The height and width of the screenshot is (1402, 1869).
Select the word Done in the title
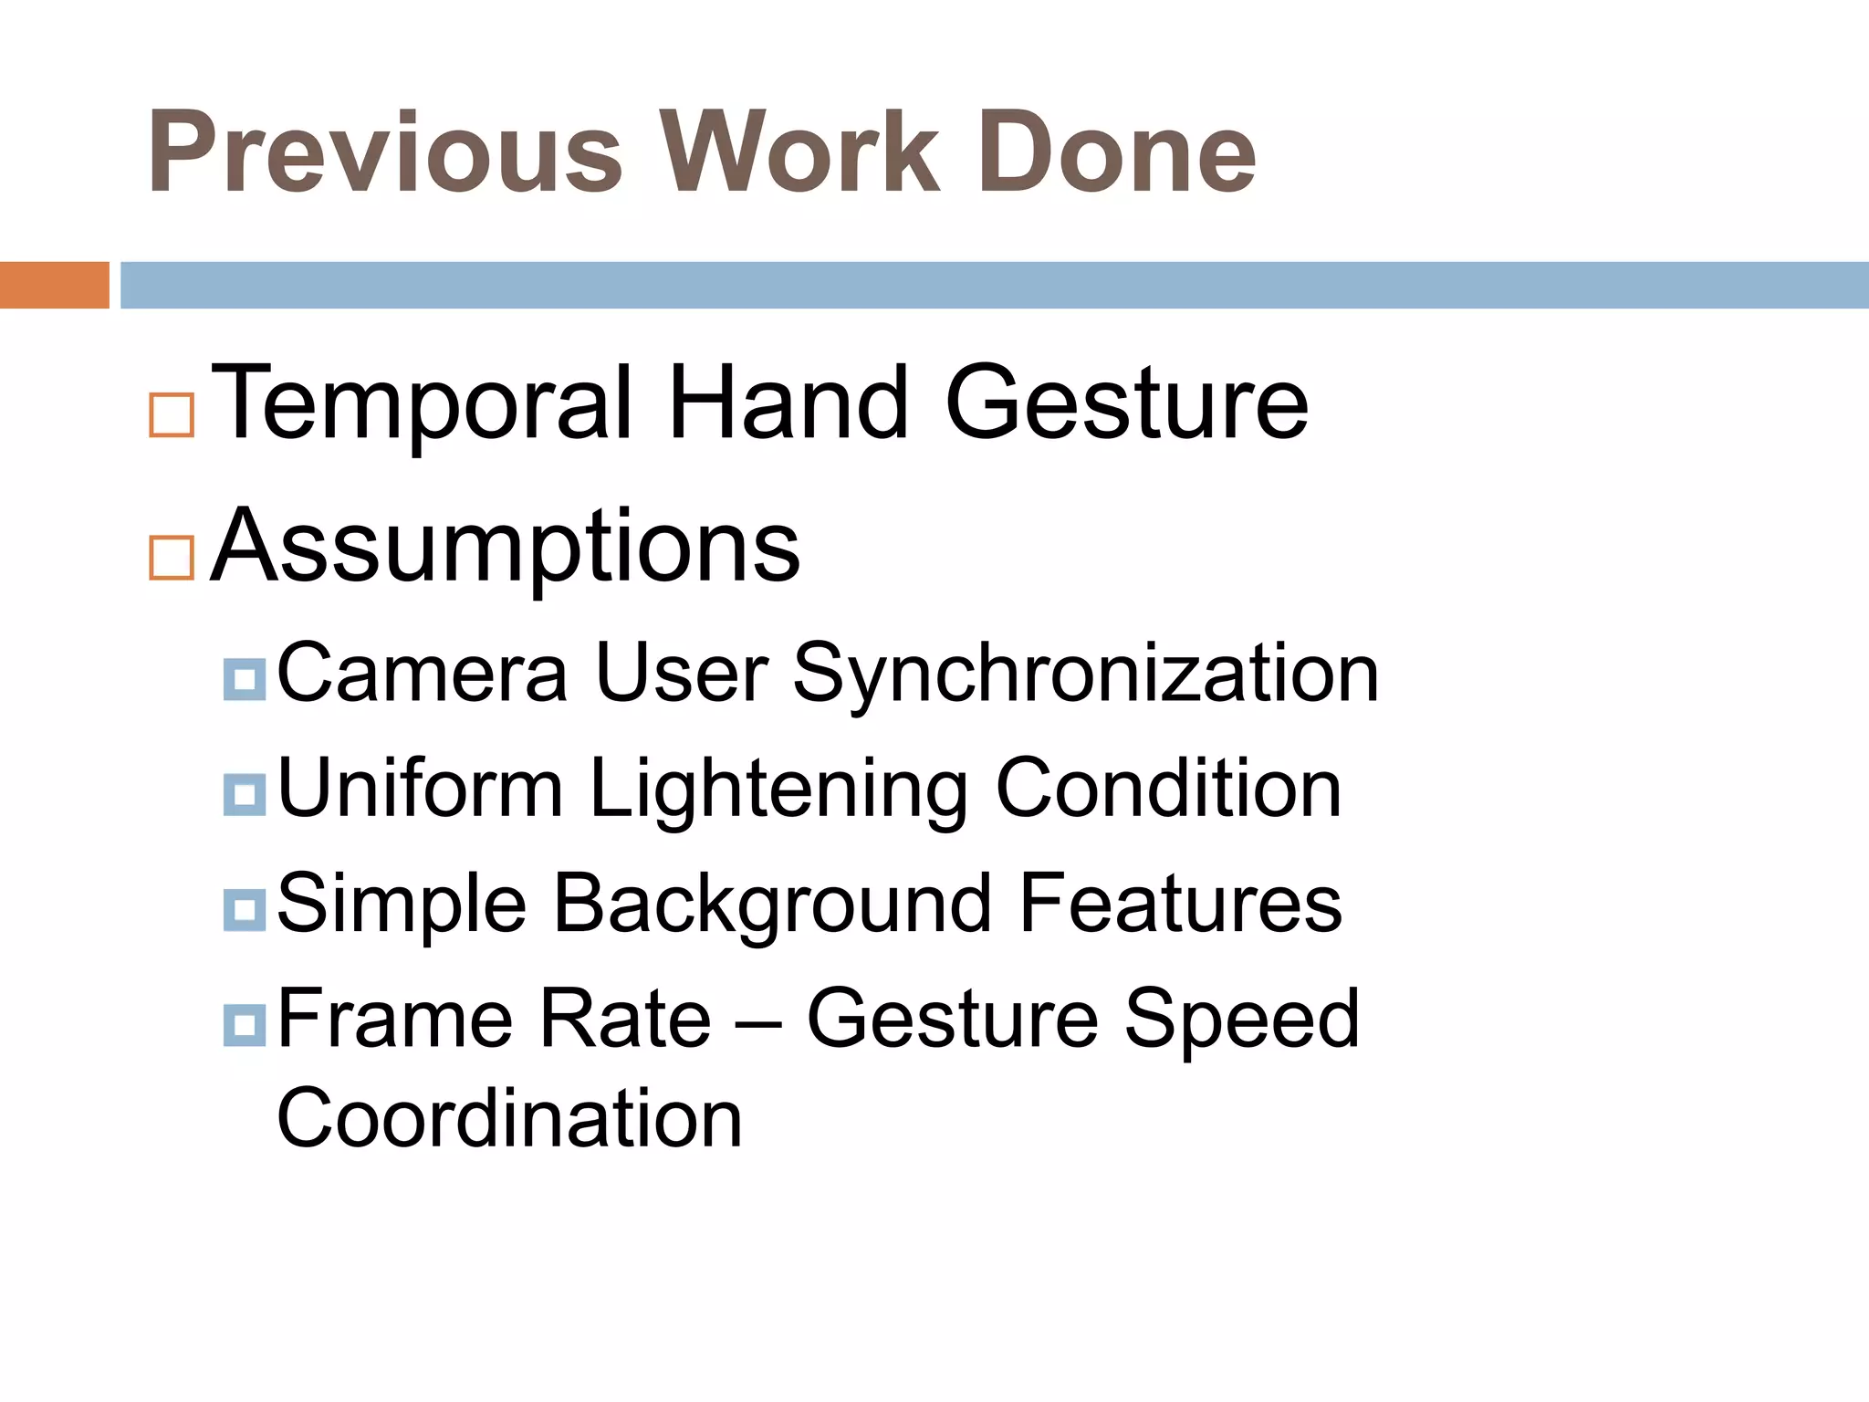(1117, 152)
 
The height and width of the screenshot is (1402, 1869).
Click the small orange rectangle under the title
(54, 285)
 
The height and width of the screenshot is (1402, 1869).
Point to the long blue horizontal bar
(994, 285)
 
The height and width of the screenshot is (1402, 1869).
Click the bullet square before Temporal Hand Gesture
(172, 415)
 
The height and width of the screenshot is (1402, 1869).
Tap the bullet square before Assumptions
(172, 558)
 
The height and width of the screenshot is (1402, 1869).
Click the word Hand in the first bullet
(788, 403)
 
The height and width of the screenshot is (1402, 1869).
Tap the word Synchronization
(1085, 675)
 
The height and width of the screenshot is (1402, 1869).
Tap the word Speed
(1241, 1020)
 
